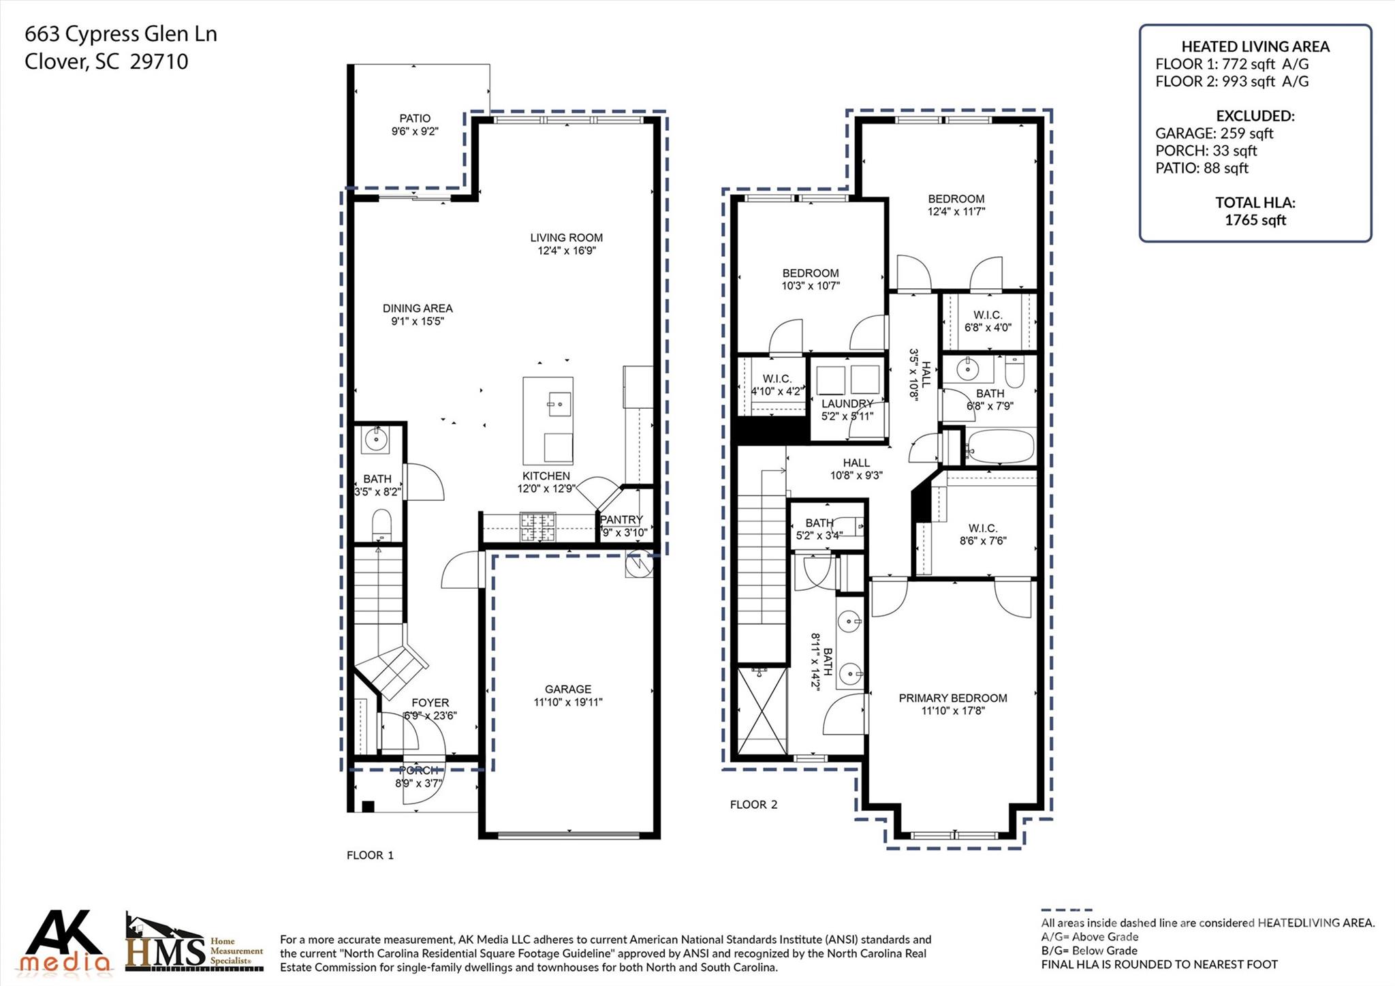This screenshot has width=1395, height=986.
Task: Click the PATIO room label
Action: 414,119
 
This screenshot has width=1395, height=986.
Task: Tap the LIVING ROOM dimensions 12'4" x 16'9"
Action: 566,251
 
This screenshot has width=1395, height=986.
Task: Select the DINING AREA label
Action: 418,309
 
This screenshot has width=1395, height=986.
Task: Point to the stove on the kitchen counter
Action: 538,526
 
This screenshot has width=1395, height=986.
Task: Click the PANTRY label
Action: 621,520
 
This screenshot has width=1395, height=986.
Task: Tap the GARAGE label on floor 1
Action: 567,690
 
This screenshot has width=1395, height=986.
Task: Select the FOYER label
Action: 430,703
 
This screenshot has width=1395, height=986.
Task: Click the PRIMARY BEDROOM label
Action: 952,698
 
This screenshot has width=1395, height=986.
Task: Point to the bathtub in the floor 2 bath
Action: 1001,447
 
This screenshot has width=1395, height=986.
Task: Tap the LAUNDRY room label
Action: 847,403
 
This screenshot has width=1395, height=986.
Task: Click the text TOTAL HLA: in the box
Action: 1255,202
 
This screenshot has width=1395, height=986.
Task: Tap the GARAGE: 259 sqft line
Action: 1214,134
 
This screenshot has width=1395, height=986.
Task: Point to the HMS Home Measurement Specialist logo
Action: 193,944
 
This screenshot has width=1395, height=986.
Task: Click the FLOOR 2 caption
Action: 753,805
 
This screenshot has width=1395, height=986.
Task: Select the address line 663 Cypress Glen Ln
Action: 121,34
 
